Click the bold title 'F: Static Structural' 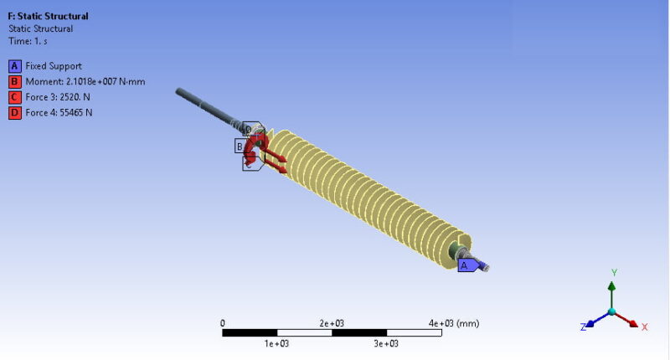point(48,16)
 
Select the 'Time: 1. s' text point(30,40)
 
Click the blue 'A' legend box point(14,66)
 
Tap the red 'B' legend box point(14,81)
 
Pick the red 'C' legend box point(14,97)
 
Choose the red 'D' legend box point(14,112)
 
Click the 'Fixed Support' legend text point(54,66)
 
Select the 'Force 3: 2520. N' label point(59,97)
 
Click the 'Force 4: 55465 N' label point(59,112)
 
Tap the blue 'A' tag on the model point(464,265)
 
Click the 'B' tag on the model point(240,147)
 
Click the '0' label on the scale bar point(222,323)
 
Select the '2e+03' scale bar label point(332,323)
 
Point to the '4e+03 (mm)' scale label point(453,323)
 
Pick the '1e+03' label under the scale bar point(276,343)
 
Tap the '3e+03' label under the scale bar point(386,343)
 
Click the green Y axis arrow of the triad point(611,289)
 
